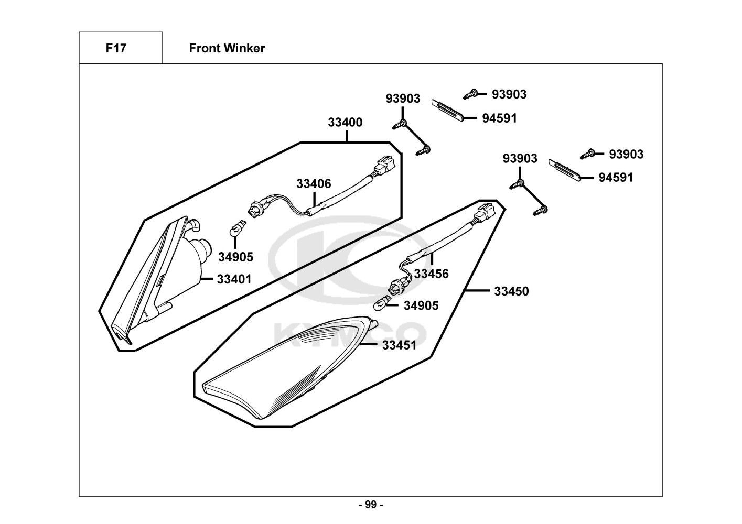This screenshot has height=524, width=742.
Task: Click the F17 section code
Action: (116, 48)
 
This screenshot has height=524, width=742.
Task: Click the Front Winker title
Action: (227, 48)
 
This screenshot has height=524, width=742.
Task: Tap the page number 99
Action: (371, 505)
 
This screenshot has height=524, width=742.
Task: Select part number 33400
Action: (345, 123)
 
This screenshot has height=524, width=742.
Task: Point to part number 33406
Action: (314, 184)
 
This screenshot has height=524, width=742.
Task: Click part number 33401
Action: (234, 279)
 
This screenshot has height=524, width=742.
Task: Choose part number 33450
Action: (511, 291)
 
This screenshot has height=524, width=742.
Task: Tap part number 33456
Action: (431, 274)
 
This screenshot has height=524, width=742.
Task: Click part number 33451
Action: (399, 345)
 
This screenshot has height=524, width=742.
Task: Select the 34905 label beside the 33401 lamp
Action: (235, 257)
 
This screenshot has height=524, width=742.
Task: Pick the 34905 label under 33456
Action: (421, 305)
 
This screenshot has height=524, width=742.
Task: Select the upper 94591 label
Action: (499, 118)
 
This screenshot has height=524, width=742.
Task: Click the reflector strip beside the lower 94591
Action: (565, 169)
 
